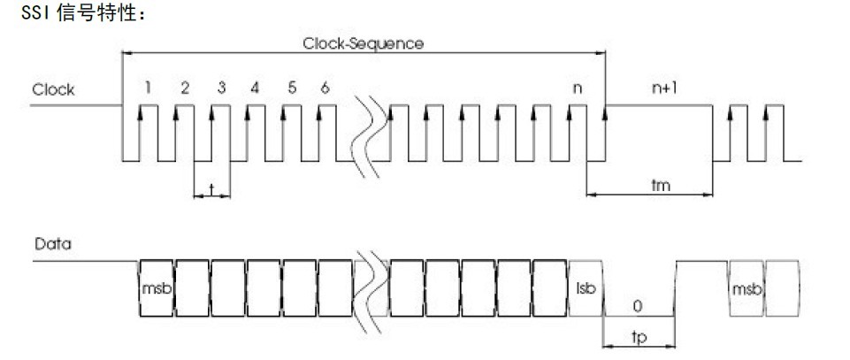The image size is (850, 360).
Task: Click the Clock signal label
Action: (x=53, y=89)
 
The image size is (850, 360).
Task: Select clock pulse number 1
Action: (x=149, y=87)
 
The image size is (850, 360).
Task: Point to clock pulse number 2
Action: (x=184, y=87)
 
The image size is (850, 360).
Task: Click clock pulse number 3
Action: (x=220, y=87)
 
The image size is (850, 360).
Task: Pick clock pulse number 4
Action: (x=255, y=87)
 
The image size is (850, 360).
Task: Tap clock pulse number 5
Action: (x=291, y=87)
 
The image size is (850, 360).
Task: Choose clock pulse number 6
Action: (x=325, y=87)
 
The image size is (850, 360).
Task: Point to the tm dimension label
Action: (x=659, y=184)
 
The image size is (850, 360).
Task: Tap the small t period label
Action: (x=212, y=188)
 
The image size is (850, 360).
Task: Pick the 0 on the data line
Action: (x=637, y=306)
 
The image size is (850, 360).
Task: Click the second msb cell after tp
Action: (x=744, y=289)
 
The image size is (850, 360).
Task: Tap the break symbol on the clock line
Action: (x=369, y=133)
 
